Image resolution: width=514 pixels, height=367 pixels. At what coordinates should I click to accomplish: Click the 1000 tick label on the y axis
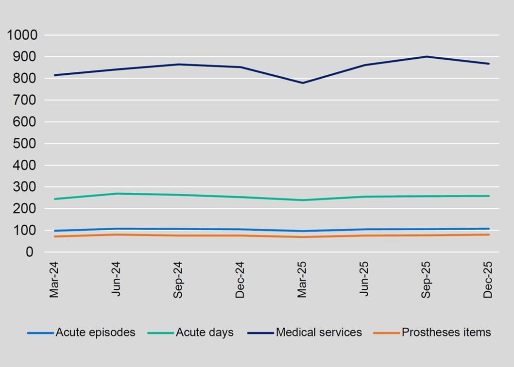point(22,35)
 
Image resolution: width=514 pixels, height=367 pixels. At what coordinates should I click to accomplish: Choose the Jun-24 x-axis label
point(116,280)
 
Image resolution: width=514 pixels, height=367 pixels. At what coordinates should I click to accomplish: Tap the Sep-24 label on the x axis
point(178,280)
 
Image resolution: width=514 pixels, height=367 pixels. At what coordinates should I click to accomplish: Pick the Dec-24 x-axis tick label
point(240,280)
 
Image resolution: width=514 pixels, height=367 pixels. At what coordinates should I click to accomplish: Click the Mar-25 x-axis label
point(302,280)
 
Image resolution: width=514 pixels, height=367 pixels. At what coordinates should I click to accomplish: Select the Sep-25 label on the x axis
point(426,280)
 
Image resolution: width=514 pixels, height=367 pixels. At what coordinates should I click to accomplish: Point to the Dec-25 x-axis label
point(488,280)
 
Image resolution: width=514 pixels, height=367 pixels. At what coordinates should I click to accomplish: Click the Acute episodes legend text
point(95,333)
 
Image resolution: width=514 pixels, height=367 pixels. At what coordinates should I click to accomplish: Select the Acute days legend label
point(205,333)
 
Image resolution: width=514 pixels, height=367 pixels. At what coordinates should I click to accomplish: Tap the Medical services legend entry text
point(319,333)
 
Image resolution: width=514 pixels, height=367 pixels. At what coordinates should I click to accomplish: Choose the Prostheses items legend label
point(446,333)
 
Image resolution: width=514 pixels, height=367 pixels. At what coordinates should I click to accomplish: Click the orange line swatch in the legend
point(386,333)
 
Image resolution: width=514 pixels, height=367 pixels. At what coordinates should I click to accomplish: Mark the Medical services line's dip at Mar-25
point(303,83)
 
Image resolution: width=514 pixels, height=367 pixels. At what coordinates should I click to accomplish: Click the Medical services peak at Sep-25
point(427,57)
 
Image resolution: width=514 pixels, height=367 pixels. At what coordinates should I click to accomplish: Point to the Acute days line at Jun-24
point(116,194)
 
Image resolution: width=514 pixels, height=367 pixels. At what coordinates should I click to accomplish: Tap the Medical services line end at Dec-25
point(489,64)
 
